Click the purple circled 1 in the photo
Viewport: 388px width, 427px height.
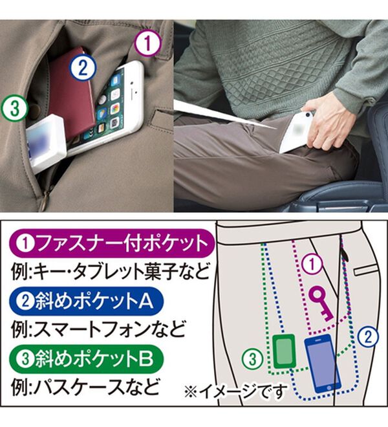coord(148,43)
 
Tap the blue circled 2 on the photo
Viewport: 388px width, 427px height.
coord(83,68)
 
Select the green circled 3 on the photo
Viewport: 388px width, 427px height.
coord(14,108)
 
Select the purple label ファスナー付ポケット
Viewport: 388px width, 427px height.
coord(112,243)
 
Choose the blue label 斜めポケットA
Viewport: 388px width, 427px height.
coord(86,301)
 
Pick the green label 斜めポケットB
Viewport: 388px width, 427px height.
coord(86,358)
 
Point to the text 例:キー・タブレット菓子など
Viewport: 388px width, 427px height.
coord(111,271)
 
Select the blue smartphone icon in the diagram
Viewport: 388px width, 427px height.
coord(323,363)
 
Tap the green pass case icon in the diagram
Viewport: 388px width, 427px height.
coord(284,351)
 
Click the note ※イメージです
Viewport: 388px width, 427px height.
coord(236,391)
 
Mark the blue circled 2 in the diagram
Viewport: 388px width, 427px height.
coord(368,337)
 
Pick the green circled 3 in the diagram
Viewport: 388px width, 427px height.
coord(253,359)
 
